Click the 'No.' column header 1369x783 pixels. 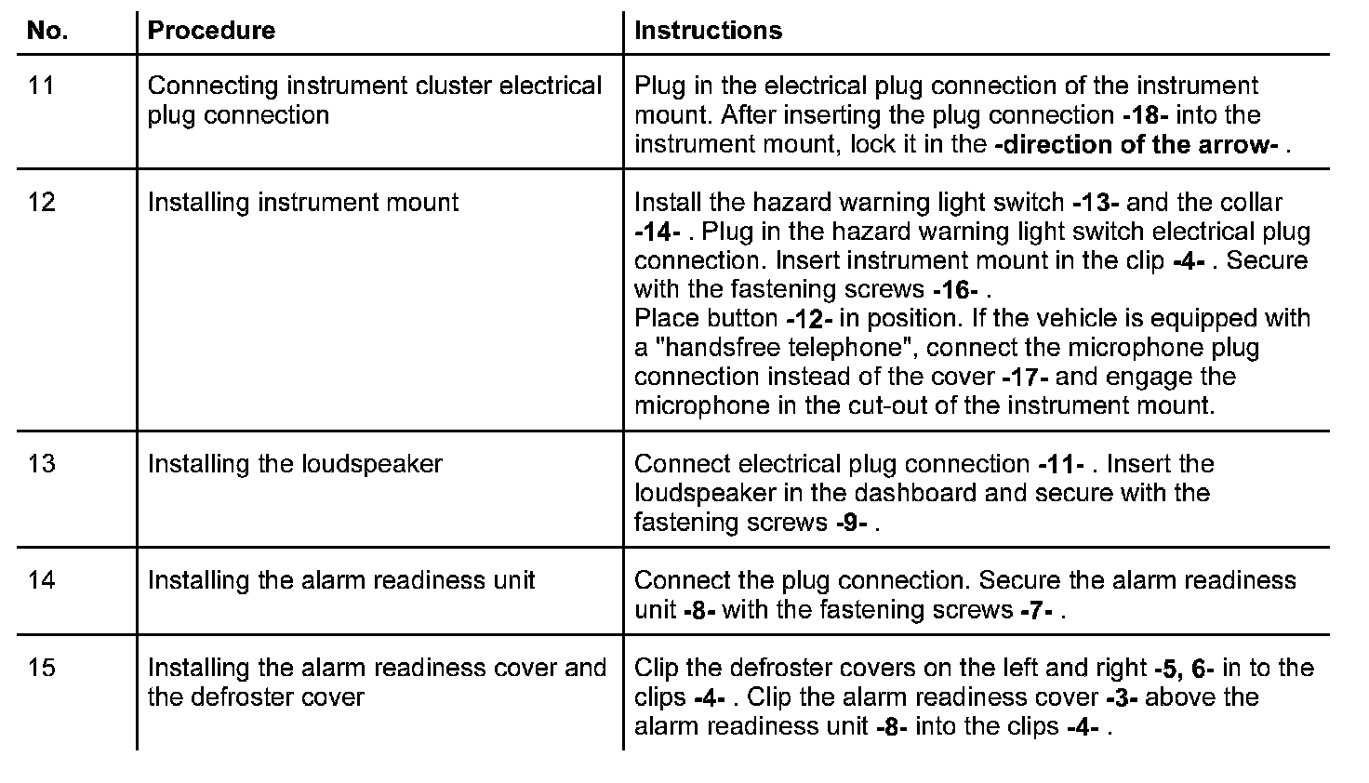click(x=47, y=31)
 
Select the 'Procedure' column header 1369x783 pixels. click(x=211, y=31)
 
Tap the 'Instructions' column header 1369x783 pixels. click(x=708, y=31)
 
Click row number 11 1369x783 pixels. click(x=42, y=86)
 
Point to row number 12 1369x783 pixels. click(x=42, y=202)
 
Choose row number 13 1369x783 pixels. click(x=42, y=463)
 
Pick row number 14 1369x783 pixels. click(x=42, y=580)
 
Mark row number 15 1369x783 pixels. click(x=42, y=668)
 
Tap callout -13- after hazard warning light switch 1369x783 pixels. click(x=1095, y=203)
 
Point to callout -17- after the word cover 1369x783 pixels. click(x=1026, y=378)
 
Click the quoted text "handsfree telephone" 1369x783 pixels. click(x=776, y=348)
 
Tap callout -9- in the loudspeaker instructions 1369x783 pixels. click(x=851, y=523)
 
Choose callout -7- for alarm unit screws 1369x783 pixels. click(x=1035, y=610)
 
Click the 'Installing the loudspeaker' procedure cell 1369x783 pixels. click(x=295, y=463)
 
